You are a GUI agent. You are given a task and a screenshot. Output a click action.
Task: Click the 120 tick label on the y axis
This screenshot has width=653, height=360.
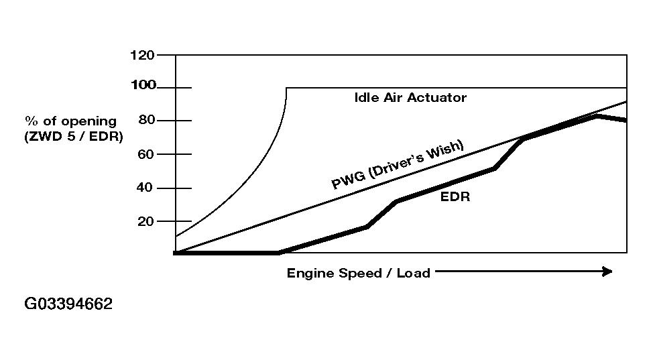coord(142,55)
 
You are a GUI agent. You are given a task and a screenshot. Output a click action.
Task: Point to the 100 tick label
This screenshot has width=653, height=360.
coord(143,85)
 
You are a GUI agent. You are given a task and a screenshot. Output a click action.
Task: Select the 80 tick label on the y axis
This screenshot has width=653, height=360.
coord(147,120)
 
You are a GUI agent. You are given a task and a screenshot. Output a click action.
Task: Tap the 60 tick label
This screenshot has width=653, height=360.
coord(147,154)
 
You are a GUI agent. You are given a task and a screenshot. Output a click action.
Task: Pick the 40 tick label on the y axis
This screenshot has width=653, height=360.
coord(145,188)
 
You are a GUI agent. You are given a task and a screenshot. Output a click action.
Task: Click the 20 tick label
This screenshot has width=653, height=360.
coord(145,221)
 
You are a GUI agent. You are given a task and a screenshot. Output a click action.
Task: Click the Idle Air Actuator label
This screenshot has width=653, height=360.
coord(410,98)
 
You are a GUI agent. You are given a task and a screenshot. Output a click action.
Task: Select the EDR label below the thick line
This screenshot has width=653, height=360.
coord(455,197)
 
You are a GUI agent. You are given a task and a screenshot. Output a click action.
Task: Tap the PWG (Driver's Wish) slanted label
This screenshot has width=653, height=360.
coord(398,165)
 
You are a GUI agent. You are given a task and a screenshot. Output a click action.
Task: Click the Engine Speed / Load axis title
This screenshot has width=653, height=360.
coord(358,273)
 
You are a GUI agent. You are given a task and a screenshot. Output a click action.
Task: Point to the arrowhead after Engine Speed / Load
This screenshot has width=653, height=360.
coord(607,272)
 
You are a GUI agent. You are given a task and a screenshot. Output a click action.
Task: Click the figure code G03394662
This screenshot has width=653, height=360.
coord(68,304)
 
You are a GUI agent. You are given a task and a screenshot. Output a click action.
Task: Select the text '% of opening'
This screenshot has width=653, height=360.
coord(70,121)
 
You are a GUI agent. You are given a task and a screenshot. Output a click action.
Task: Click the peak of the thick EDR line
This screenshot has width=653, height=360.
coord(596,117)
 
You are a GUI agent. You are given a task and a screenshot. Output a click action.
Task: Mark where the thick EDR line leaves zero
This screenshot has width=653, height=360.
coord(278,253)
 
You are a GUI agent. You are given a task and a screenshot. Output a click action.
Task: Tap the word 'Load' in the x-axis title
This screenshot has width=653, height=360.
coord(413,273)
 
